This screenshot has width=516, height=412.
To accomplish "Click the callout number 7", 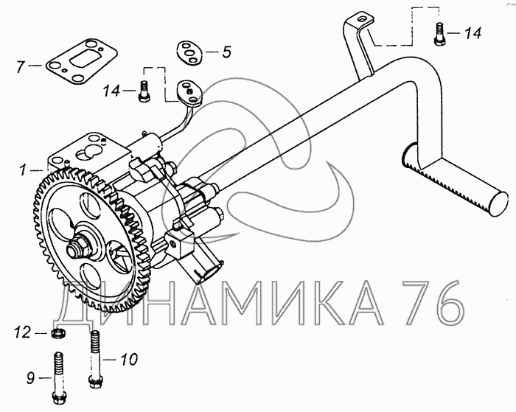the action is click(x=21, y=67).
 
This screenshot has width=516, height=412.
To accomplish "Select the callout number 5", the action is click(x=226, y=52).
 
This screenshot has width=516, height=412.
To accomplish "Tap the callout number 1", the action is click(x=23, y=170).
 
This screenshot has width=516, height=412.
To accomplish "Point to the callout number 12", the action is click(x=23, y=332).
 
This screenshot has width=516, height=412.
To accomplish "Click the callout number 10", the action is click(x=129, y=360).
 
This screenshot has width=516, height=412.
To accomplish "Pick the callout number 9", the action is click(x=31, y=378).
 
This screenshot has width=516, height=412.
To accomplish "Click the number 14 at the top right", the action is click(x=473, y=33).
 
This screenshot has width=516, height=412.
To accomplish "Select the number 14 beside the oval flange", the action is click(x=112, y=91).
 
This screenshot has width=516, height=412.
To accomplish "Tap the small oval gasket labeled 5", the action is click(x=191, y=52).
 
